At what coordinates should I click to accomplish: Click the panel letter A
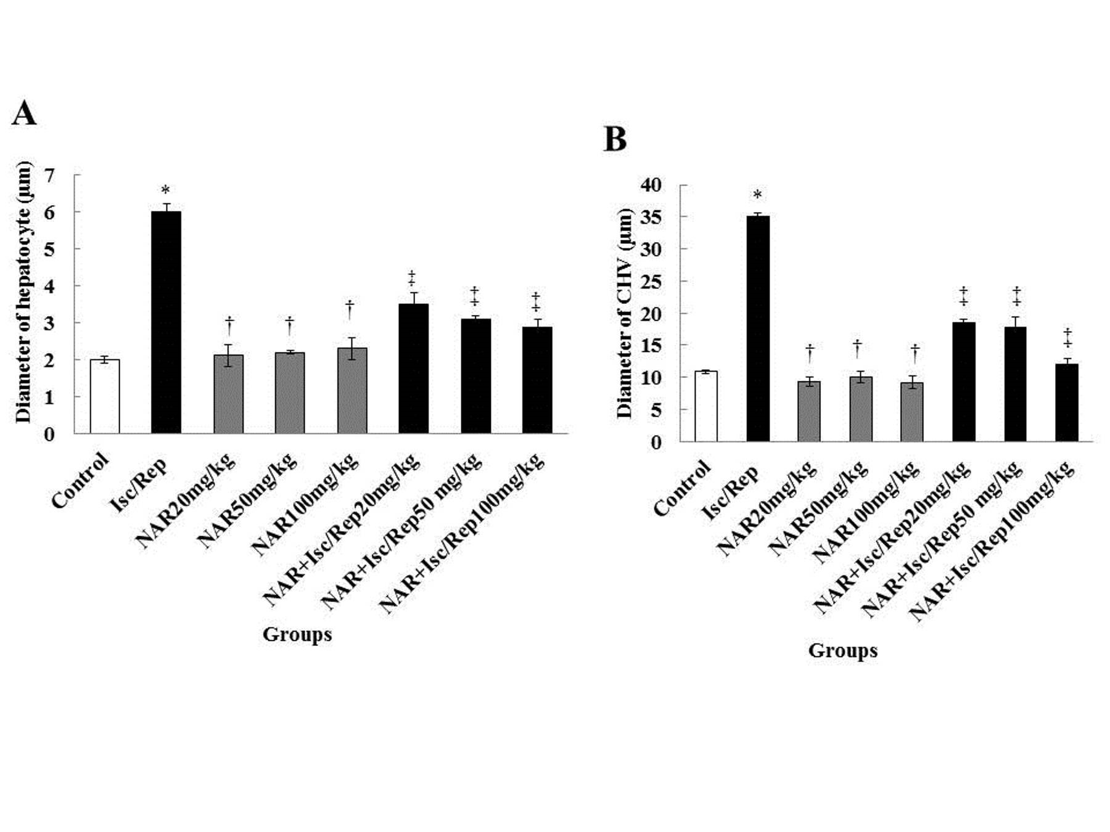pyautogui.click(x=24, y=113)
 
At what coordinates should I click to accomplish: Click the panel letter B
pyautogui.click(x=615, y=139)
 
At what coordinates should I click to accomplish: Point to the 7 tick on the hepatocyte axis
pyautogui.click(x=49, y=176)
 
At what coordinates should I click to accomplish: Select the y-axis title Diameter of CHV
pyautogui.click(x=625, y=313)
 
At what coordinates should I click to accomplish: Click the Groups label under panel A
pyautogui.click(x=297, y=634)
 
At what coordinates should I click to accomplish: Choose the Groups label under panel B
pyautogui.click(x=842, y=650)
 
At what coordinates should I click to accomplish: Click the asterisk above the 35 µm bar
pyautogui.click(x=757, y=195)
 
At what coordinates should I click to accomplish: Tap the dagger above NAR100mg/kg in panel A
pyautogui.click(x=350, y=308)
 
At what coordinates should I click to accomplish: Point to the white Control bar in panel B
pyautogui.click(x=706, y=406)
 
